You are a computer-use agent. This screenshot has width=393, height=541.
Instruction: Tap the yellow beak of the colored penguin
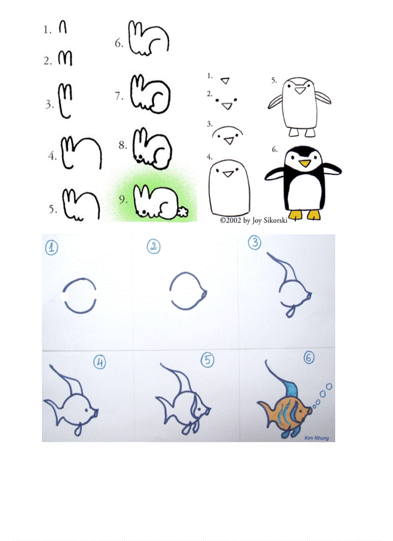click(x=304, y=164)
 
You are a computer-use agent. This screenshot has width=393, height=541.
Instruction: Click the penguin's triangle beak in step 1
click(x=225, y=80)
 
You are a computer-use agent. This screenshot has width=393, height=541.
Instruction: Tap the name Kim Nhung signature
click(x=316, y=438)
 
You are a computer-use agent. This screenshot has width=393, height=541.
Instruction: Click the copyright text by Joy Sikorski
click(x=253, y=221)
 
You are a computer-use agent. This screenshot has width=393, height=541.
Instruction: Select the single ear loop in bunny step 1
click(x=63, y=28)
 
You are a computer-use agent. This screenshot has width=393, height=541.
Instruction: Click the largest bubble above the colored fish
click(x=329, y=386)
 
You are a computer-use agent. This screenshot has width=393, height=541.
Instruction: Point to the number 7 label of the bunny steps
click(x=119, y=96)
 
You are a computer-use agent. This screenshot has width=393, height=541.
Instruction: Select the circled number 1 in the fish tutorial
click(x=52, y=248)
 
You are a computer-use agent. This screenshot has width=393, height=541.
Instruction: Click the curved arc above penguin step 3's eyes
click(x=229, y=129)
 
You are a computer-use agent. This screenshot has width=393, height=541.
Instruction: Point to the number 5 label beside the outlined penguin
click(x=274, y=80)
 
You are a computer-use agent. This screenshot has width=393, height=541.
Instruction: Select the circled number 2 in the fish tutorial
click(x=153, y=247)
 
